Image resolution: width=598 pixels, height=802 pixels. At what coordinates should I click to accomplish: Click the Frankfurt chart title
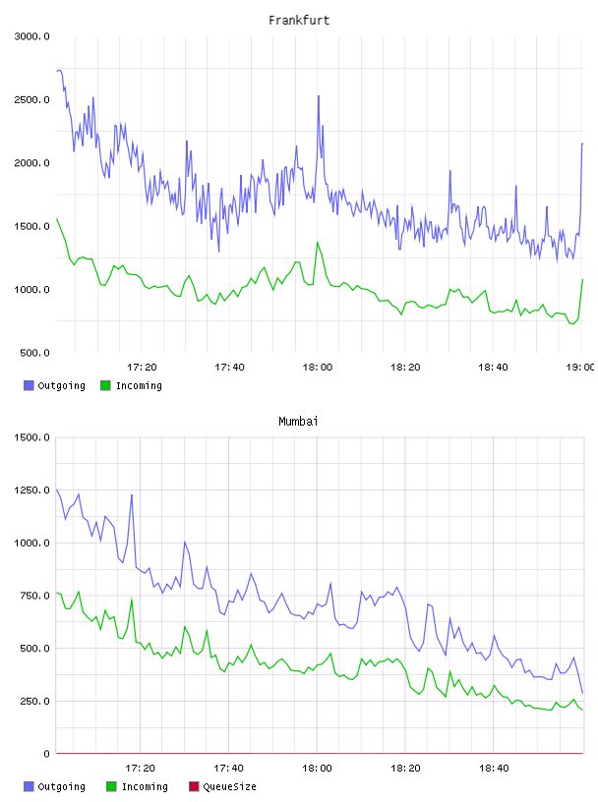pos(299,21)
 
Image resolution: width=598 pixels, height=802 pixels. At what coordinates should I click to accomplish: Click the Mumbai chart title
pos(298,422)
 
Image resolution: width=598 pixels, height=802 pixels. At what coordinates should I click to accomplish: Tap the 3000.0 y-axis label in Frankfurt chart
pos(31,36)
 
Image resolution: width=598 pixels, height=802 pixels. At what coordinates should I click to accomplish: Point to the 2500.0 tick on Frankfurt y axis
pos(31,99)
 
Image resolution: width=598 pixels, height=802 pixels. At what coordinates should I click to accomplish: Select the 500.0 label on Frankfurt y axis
pos(34,353)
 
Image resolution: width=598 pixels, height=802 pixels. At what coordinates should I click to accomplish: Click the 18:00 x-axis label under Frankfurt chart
pos(318,368)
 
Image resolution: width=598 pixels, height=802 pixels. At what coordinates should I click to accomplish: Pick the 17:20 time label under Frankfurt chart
pos(142,368)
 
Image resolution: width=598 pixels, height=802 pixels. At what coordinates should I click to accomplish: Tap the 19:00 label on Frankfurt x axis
pos(580,368)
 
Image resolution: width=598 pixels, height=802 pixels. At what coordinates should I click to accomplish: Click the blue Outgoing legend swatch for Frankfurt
pos(29,385)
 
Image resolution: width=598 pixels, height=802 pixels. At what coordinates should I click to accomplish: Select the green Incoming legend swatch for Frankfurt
pos(105,385)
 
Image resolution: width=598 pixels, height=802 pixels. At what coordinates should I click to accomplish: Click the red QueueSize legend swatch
pos(194,786)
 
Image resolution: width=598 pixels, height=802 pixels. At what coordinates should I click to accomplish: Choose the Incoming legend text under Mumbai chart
pos(145,786)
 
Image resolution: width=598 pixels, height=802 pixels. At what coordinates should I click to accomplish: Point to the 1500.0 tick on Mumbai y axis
pos(31,437)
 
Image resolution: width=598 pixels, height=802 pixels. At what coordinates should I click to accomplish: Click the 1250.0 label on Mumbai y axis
pos(31,490)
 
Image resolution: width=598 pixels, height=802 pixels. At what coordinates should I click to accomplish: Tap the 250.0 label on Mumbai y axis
pos(34,701)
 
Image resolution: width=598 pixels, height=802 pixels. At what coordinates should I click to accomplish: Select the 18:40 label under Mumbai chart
pos(494,769)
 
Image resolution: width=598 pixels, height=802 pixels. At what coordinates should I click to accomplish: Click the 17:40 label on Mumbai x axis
pos(229,769)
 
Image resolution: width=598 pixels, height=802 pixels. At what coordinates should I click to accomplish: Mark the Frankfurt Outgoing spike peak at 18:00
pos(319,96)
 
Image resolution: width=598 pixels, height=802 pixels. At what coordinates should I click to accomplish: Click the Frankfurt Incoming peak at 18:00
pos(318,243)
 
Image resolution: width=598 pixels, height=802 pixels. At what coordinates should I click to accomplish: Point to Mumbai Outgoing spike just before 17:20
pos(132,494)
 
